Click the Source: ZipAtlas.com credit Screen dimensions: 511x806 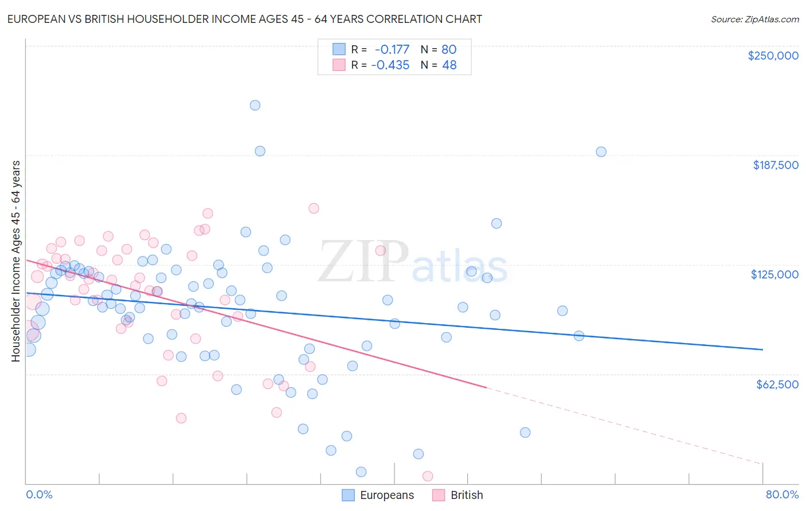click(x=754, y=19)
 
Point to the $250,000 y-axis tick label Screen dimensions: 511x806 click(x=773, y=56)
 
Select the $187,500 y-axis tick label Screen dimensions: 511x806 click(x=775, y=165)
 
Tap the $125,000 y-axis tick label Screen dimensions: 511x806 click(x=774, y=274)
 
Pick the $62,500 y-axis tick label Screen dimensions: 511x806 click(x=777, y=384)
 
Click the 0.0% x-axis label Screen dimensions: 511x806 click(x=39, y=494)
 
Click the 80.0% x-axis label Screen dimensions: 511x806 click(x=782, y=494)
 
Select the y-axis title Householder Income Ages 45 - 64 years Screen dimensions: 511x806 click(x=15, y=261)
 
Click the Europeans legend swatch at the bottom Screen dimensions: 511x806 click(x=348, y=495)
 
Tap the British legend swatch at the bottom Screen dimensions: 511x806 click(x=439, y=495)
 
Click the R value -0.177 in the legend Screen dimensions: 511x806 click(x=392, y=49)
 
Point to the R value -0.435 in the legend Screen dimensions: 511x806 click(x=390, y=65)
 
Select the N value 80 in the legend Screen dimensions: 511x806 click(x=449, y=49)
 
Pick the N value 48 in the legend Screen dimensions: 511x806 click(x=449, y=65)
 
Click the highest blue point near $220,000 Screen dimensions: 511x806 click(x=255, y=105)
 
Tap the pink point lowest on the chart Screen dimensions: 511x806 click(x=427, y=476)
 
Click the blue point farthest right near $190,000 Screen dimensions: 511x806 click(x=601, y=152)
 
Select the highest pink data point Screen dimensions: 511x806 click(x=314, y=208)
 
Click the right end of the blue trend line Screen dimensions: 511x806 click(x=762, y=349)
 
